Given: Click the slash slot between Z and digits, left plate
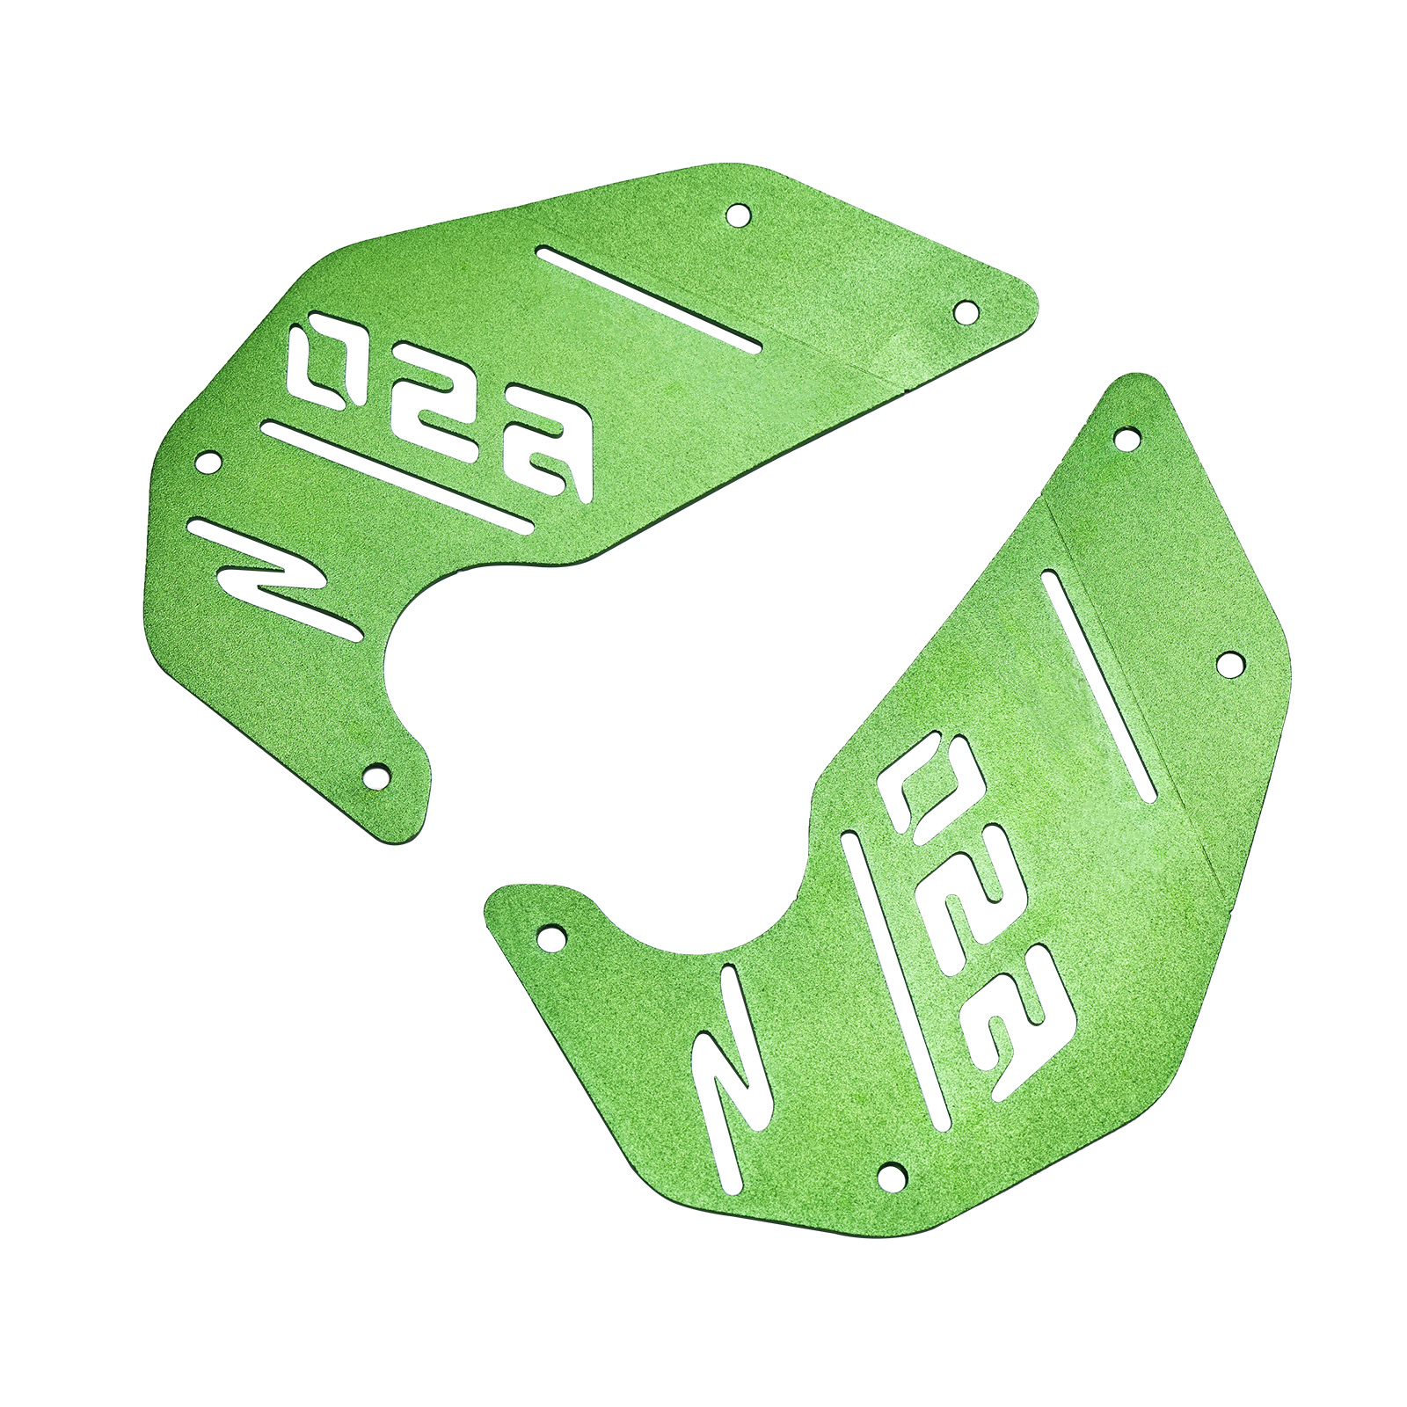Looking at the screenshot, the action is (x=398, y=478).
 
